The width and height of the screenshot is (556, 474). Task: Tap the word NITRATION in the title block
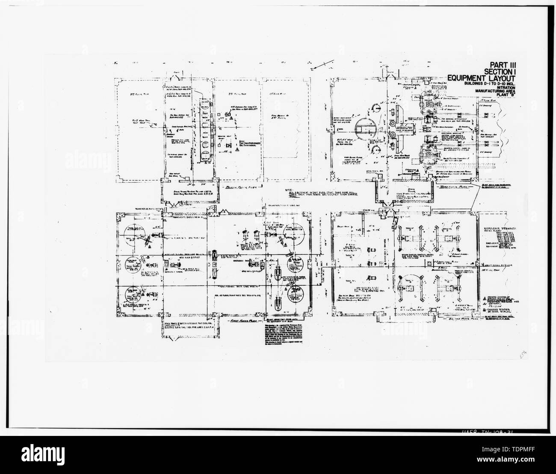click(503, 89)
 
